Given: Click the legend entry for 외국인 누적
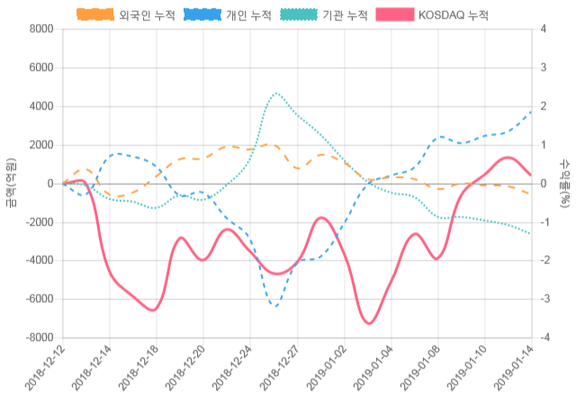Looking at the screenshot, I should pos(125,15).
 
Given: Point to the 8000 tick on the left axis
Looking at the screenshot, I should pos(40,29).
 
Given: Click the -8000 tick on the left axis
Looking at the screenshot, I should pos(39,337).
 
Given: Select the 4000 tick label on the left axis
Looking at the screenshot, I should pos(40,106).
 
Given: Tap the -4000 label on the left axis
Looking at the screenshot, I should pos(39,261).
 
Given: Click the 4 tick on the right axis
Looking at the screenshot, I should pos(543,29).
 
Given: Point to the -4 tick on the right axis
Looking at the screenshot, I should pos(544,337).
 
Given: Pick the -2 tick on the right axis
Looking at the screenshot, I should pos(544,261).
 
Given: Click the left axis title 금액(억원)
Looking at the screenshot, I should pos(10,183).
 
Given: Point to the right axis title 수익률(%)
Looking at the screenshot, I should pos(565,183).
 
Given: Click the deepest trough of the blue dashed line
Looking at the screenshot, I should pos(275,306).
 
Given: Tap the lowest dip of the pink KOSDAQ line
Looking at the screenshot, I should pos(369,322).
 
